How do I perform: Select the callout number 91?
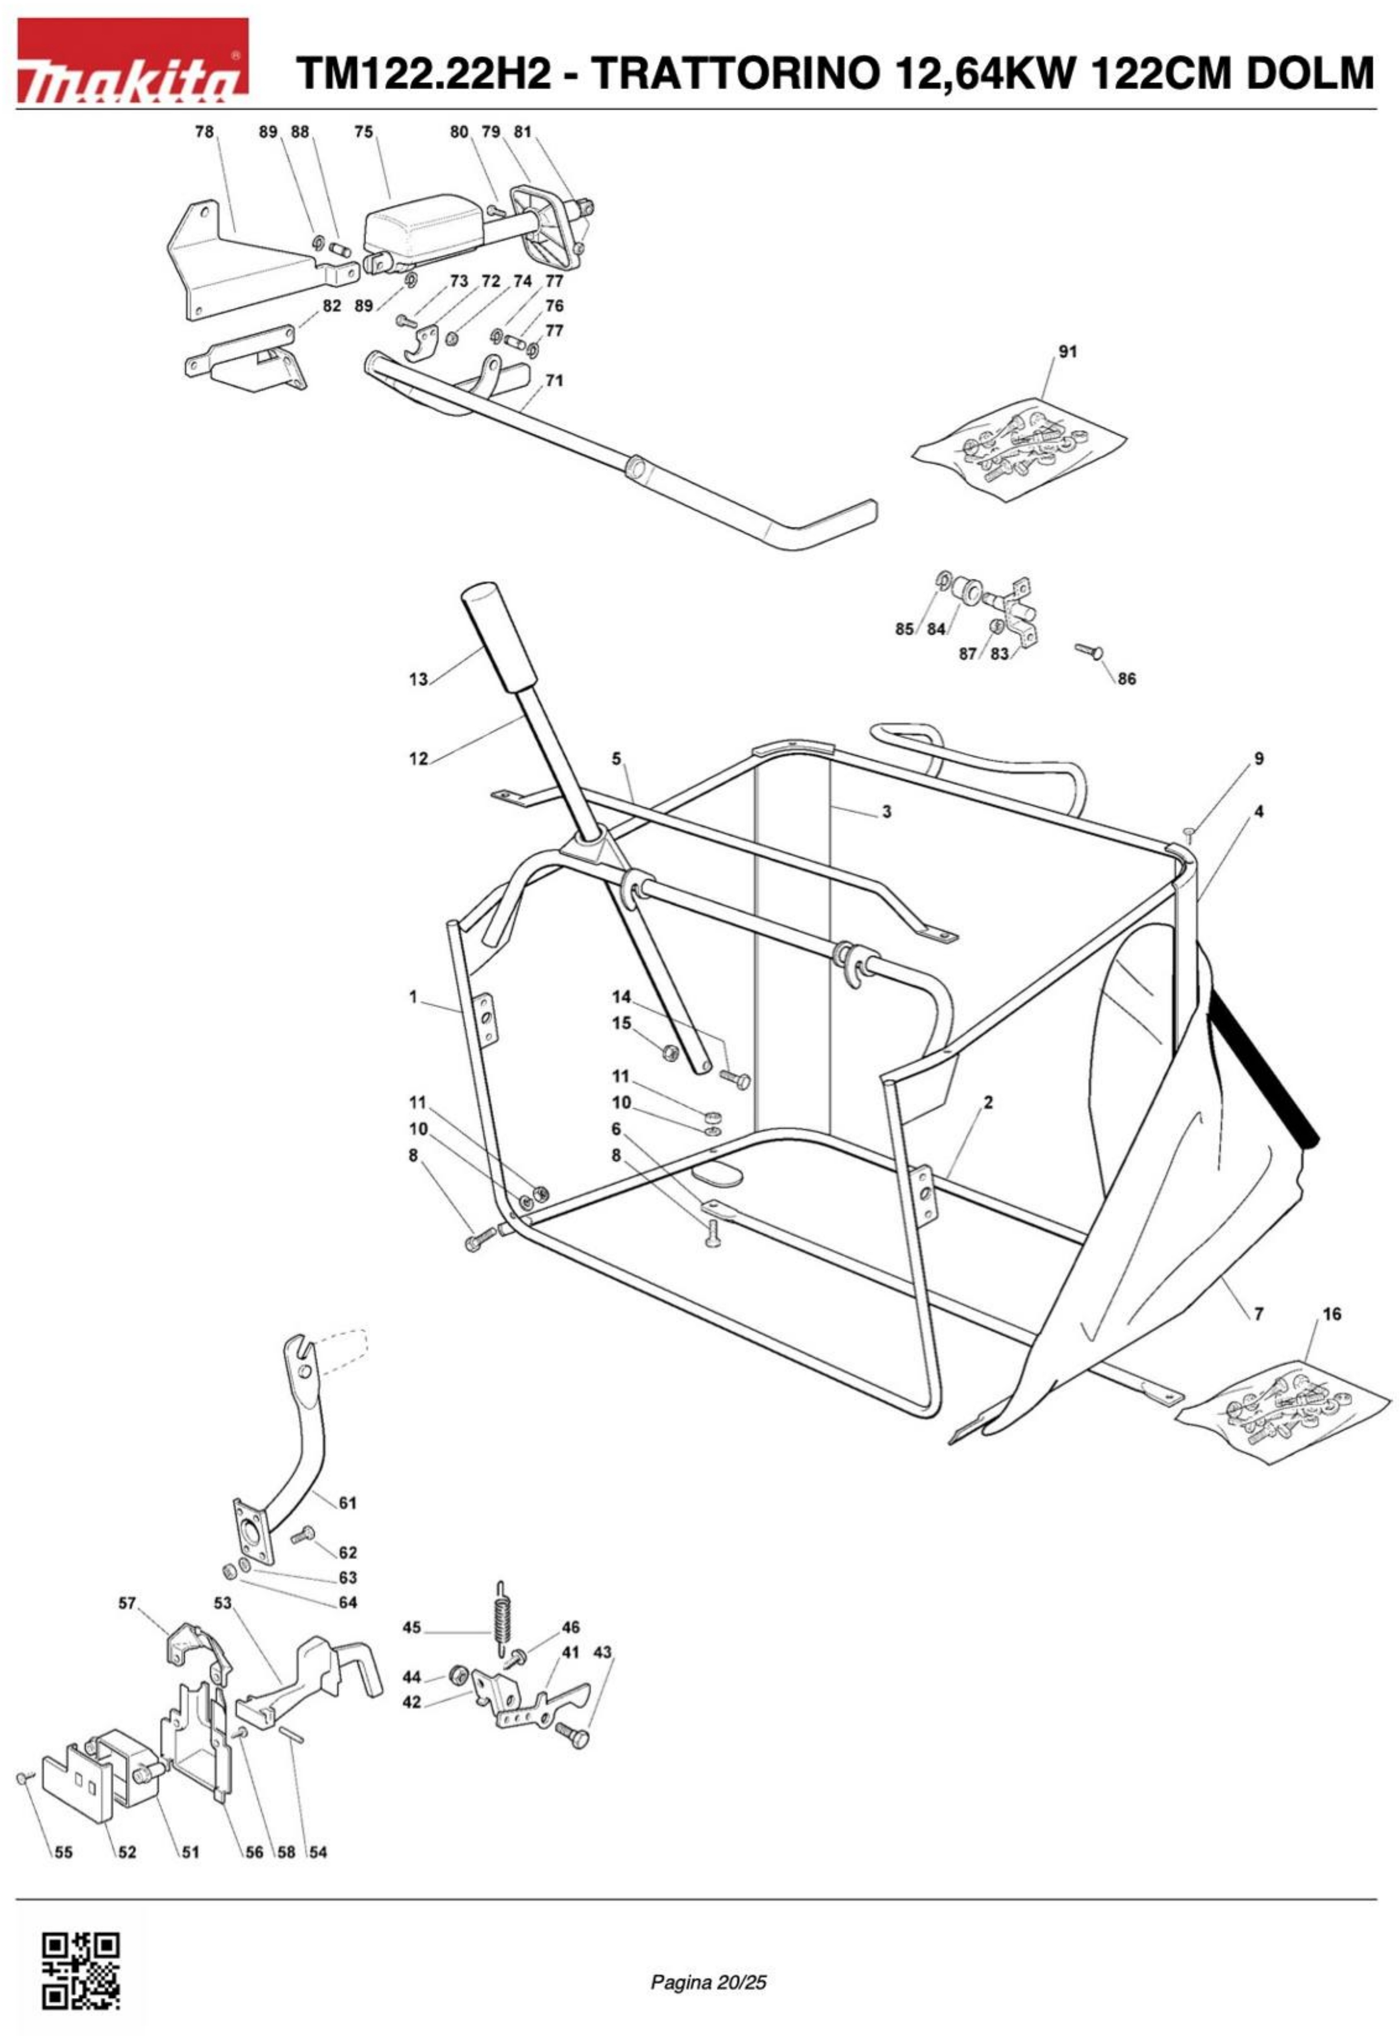pyautogui.click(x=1068, y=352)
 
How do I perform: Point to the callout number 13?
pyautogui.click(x=418, y=679)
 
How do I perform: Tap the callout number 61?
pyautogui.click(x=347, y=1503)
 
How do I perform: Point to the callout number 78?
pyautogui.click(x=203, y=131)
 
